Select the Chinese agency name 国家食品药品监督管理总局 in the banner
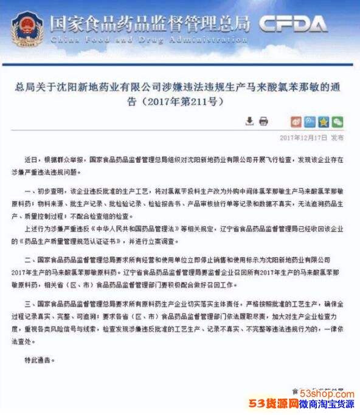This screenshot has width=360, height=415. (150, 23)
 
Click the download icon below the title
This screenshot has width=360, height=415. (249, 121)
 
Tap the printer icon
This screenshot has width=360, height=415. (263, 121)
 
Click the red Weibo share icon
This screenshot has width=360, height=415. (296, 121)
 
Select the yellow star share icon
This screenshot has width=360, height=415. (324, 121)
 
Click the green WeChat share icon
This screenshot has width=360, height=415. (337, 121)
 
